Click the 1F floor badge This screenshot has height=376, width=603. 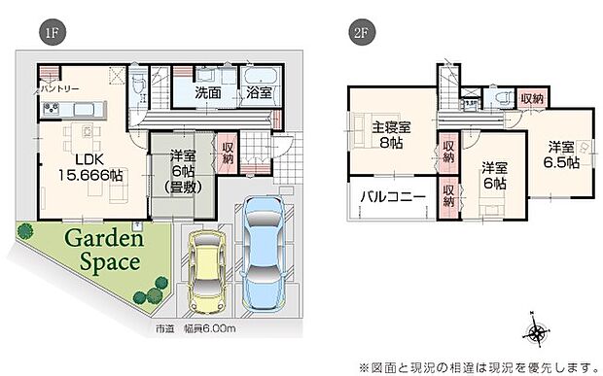[x=50, y=32]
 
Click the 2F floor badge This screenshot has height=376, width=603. [x=361, y=32]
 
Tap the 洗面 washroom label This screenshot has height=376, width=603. [x=206, y=94]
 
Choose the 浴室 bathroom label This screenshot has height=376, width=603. [x=259, y=94]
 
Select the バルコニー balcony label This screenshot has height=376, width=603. [x=392, y=196]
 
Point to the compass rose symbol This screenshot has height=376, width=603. [x=538, y=333]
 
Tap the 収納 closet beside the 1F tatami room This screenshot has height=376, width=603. [x=227, y=152]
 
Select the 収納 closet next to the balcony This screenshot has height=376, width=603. [x=448, y=196]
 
